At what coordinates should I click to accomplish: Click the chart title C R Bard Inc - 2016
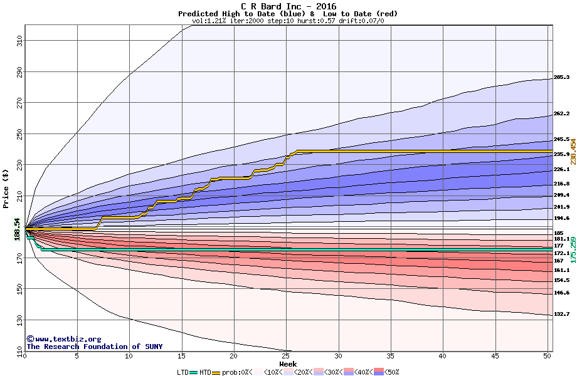288,6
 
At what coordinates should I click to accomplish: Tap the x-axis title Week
288,363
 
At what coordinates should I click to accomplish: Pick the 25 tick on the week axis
286,356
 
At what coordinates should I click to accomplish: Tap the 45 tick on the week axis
495,356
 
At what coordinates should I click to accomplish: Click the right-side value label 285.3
561,78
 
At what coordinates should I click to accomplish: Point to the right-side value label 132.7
561,314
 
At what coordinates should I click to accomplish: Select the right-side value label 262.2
561,114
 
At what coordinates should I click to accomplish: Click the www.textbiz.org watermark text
64,339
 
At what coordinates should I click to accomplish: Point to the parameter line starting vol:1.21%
288,21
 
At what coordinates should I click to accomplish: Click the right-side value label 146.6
561,293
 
